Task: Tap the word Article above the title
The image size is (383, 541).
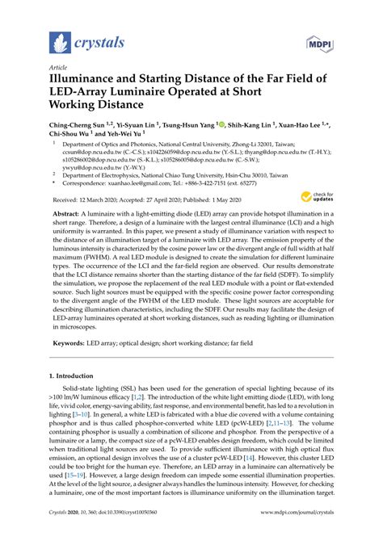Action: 60,68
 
